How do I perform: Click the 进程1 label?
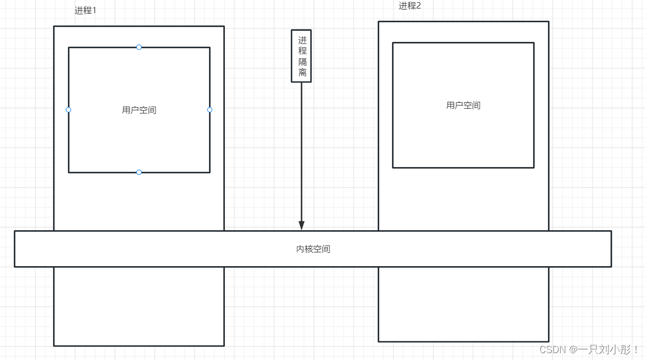tap(85, 10)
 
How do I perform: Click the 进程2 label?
tap(409, 6)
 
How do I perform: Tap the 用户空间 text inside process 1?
tap(139, 110)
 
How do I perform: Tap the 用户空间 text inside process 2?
tap(463, 106)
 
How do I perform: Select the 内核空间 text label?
tap(313, 249)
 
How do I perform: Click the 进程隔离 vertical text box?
tap(301, 56)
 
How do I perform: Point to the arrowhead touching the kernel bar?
tap(301, 226)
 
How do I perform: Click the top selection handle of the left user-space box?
tap(139, 47)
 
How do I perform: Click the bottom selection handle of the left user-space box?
tap(139, 172)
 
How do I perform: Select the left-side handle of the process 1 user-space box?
tap(68, 110)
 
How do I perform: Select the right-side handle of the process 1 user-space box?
tap(210, 110)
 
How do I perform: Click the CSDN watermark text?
tap(553, 350)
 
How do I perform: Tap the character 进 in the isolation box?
tap(302, 40)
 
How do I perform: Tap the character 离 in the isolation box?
tap(302, 73)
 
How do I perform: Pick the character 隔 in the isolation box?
tap(302, 62)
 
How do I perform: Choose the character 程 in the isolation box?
tap(302, 51)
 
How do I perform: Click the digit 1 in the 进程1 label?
tap(94, 10)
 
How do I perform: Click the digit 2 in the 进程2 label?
tap(418, 6)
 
